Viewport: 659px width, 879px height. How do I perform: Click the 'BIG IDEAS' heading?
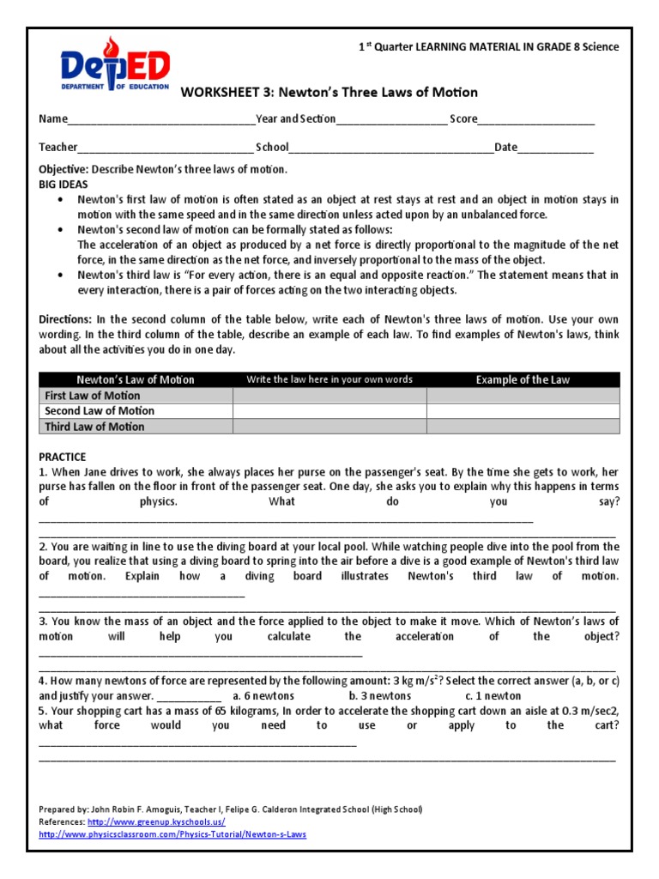click(x=63, y=185)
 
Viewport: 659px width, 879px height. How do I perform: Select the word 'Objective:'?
click(x=63, y=170)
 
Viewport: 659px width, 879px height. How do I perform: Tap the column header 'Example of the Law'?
click(x=523, y=379)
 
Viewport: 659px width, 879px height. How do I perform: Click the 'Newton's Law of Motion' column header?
click(x=136, y=379)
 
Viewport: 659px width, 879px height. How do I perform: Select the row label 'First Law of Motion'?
click(x=92, y=396)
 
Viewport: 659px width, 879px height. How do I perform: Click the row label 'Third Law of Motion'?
click(x=94, y=427)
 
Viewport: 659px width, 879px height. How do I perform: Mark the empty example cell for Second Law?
click(x=523, y=411)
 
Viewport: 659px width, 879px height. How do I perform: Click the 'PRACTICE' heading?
click(x=63, y=457)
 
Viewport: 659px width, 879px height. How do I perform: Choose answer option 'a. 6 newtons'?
click(x=263, y=696)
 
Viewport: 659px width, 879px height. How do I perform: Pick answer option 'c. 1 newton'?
click(x=493, y=696)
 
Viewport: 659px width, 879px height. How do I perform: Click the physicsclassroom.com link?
click(x=172, y=834)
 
